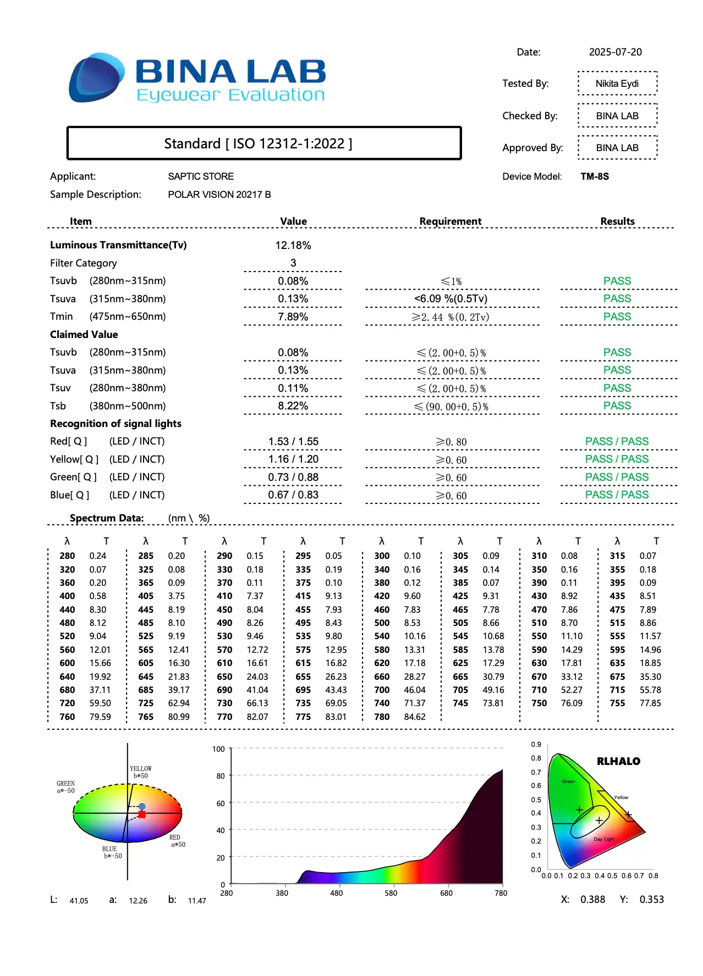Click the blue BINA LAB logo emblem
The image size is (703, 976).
[96, 77]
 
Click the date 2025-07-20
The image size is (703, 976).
[615, 52]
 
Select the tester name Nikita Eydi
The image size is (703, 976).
[617, 84]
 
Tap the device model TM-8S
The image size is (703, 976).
[595, 176]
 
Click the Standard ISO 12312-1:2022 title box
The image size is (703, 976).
[263, 143]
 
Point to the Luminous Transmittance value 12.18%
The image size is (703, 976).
[293, 245]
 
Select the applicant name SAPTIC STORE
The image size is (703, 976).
[201, 176]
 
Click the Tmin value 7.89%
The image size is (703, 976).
[293, 317]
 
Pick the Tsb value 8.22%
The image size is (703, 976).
[293, 406]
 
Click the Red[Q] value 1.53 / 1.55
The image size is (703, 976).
[293, 441]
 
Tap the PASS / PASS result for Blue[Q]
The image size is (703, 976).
[617, 495]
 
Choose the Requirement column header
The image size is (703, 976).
[450, 221]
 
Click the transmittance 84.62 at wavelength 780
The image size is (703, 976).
[415, 717]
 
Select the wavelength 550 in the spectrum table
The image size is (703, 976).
[539, 636]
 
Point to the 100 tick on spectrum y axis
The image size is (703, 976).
[218, 749]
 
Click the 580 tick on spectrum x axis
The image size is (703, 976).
[391, 893]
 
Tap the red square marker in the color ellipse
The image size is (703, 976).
[142, 814]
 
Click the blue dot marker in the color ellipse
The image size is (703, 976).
[142, 806]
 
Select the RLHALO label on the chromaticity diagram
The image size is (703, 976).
[618, 761]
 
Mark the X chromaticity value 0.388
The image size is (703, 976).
[592, 900]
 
